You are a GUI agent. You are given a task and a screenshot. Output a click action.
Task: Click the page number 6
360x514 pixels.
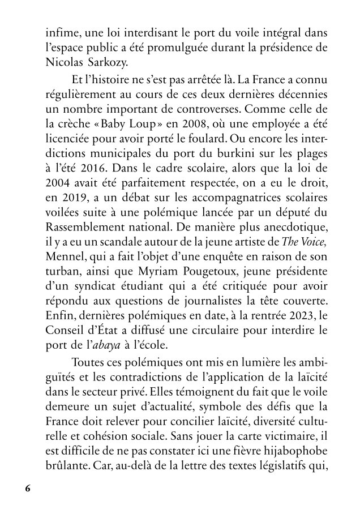(28, 488)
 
